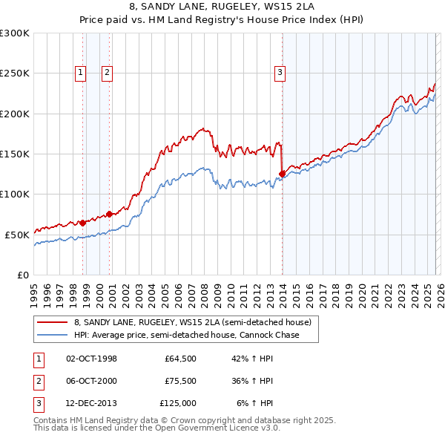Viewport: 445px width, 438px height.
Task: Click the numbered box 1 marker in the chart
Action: coord(80,73)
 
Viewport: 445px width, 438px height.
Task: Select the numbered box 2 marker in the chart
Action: coord(107,73)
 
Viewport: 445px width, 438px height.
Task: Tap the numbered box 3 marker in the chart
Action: coord(280,73)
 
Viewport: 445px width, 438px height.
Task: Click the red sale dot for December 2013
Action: coord(282,174)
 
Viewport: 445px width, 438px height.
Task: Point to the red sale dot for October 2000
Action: coord(109,214)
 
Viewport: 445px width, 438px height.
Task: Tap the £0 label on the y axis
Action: coord(21,275)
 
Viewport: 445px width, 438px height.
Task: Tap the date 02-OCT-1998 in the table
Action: coord(91,359)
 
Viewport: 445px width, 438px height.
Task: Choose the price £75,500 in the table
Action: coord(178,381)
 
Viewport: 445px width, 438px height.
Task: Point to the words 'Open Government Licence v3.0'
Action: coord(222,428)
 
